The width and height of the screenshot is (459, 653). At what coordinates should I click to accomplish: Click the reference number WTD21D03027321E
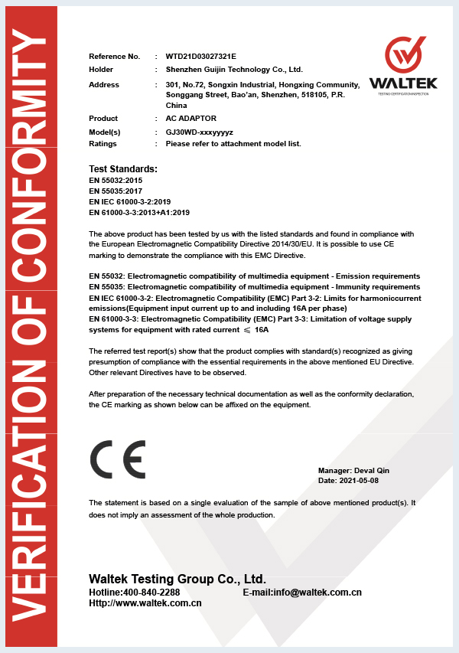[201, 57]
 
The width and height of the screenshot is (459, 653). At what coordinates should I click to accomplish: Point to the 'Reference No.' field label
[115, 57]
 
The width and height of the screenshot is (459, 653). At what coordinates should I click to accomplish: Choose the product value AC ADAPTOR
[191, 119]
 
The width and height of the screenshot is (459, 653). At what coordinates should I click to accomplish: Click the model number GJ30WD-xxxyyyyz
[200, 132]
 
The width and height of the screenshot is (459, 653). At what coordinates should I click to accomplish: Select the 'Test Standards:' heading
[123, 168]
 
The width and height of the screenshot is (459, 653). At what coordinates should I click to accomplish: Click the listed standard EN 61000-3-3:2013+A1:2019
[139, 212]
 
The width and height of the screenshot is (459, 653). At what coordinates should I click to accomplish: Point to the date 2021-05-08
[359, 480]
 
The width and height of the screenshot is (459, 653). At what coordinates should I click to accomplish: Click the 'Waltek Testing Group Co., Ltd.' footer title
[177, 579]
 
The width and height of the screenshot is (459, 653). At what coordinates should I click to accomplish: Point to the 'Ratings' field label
[103, 143]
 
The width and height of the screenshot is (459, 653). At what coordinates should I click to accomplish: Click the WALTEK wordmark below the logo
[402, 83]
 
